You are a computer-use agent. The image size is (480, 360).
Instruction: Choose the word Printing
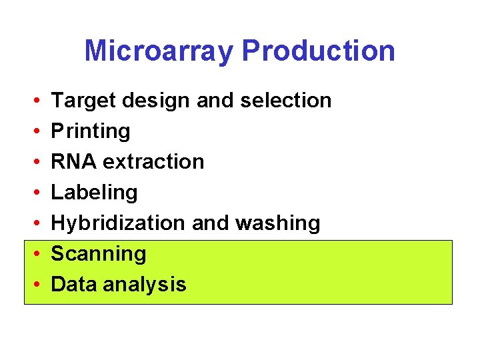pos(91,131)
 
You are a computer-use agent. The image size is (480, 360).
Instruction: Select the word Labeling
pos(94,193)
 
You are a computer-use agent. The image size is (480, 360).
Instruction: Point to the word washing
pos(279,223)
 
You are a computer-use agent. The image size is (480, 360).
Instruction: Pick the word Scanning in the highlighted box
pos(98,254)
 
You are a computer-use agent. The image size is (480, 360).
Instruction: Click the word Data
pos(73,285)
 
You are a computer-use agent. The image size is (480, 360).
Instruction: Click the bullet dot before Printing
pos(35,132)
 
